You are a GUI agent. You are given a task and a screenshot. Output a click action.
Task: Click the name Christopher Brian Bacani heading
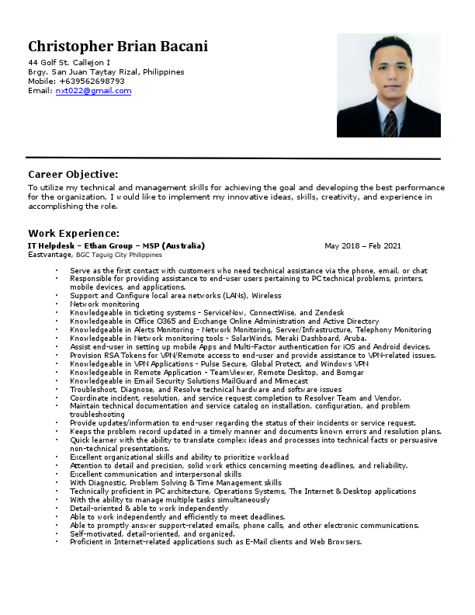point(118,46)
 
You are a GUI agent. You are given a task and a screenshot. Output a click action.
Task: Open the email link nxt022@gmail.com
point(93,91)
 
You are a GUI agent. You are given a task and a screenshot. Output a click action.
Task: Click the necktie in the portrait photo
point(390,123)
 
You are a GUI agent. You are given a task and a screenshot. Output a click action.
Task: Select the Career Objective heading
point(73,174)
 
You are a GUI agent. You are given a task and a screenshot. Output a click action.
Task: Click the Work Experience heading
point(74,233)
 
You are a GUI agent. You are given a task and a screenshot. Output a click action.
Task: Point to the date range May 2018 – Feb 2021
point(362,246)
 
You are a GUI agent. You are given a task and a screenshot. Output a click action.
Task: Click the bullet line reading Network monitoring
point(105,304)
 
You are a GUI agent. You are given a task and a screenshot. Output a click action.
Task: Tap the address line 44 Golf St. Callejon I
point(69,62)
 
